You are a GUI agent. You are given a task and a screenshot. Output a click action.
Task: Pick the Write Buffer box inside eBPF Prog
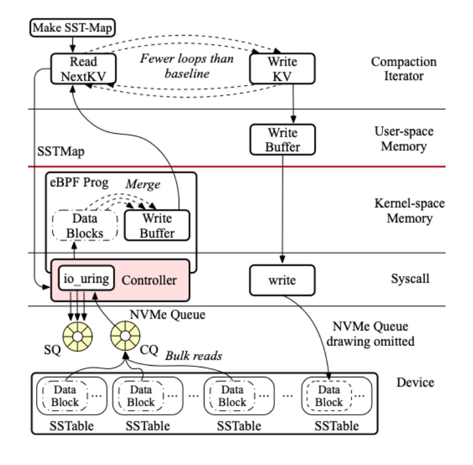point(158,225)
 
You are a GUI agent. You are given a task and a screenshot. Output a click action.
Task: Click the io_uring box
point(85,279)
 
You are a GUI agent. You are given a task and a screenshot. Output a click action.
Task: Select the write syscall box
point(281,280)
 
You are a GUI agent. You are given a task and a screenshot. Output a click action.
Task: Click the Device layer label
point(415,383)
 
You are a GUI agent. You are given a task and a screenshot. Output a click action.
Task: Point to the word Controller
point(149,280)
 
